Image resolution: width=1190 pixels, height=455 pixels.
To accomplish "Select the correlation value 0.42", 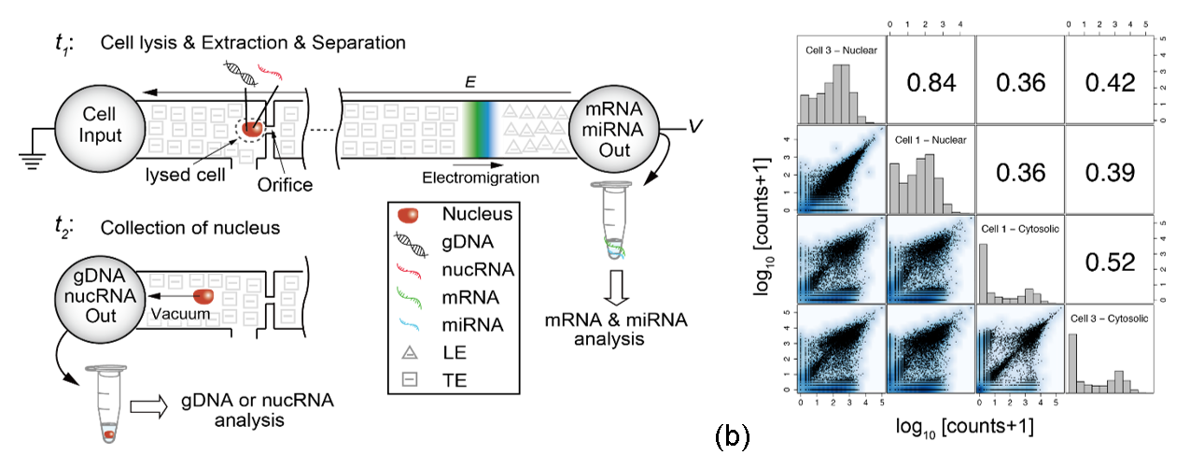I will [x=1110, y=83].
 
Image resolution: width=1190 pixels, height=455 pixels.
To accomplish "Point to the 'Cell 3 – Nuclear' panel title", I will [x=840, y=51].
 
